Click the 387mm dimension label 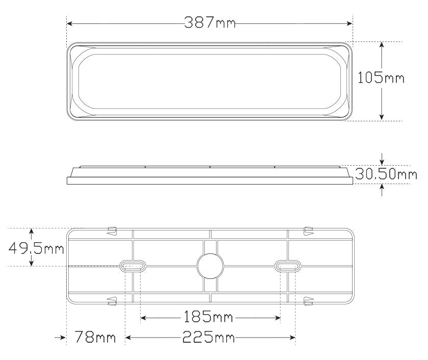209,22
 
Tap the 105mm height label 381,78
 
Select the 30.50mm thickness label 386,174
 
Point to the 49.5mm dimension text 36,248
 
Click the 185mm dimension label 208,317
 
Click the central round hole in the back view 210,266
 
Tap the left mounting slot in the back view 132,266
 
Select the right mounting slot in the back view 288,266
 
